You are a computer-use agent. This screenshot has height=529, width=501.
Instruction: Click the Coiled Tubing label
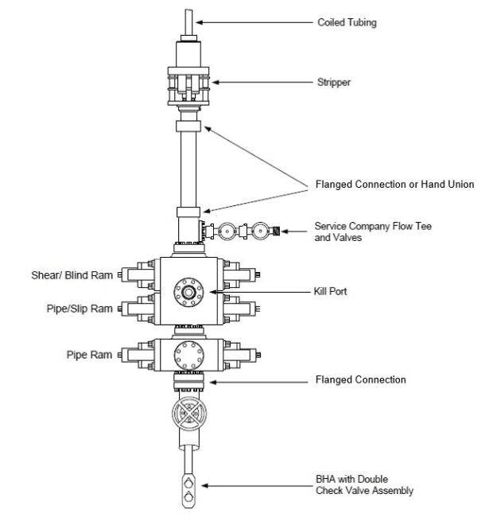tap(343, 23)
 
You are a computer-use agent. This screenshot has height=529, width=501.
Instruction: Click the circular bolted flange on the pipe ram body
tap(190, 352)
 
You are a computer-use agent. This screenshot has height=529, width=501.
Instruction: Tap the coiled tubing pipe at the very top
tap(190, 20)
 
